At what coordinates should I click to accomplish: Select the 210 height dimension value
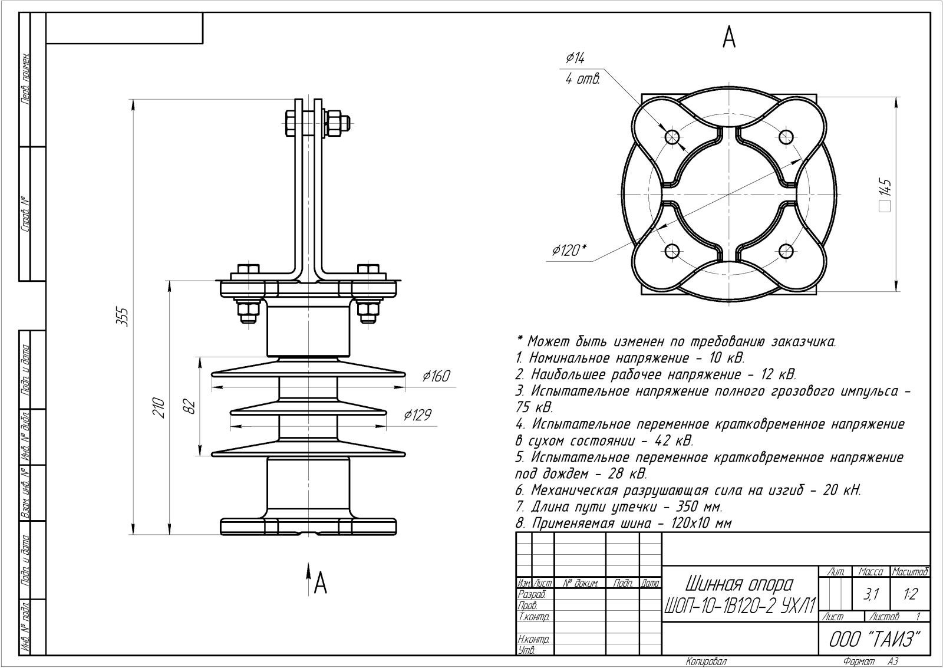(x=159, y=407)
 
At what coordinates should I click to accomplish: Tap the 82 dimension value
(x=189, y=406)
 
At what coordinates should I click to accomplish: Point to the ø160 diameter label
(x=436, y=376)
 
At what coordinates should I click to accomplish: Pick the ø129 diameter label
(x=417, y=415)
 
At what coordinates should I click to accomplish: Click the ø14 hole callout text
(x=575, y=58)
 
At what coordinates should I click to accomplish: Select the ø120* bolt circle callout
(x=569, y=251)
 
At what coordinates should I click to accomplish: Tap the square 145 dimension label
(x=885, y=195)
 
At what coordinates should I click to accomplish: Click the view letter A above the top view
(x=729, y=38)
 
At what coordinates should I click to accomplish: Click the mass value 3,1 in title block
(x=870, y=595)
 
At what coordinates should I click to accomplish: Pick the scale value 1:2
(x=910, y=595)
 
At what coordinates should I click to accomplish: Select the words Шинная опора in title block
(x=739, y=584)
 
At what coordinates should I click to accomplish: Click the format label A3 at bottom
(x=892, y=662)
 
